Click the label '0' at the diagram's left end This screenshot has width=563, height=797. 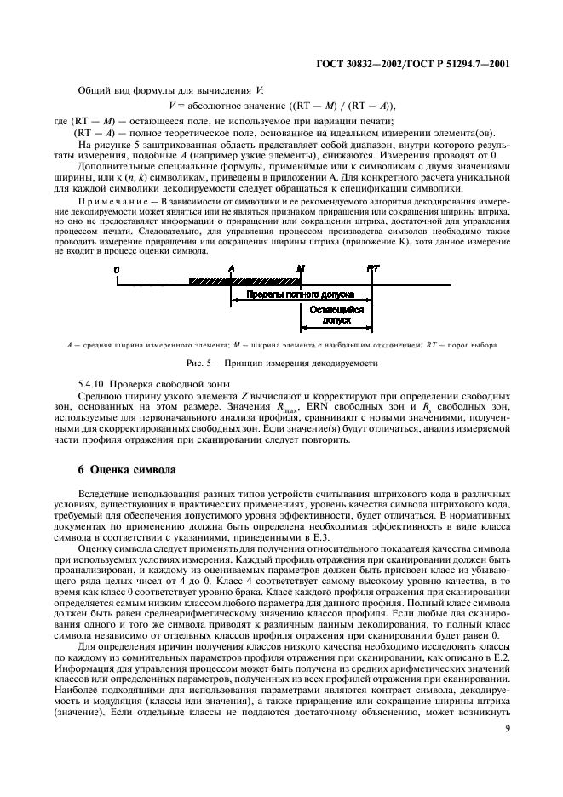tap(118, 268)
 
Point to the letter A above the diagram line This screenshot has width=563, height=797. tap(231, 267)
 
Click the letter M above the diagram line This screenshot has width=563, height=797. tap(300, 267)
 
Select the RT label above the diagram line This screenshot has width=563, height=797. tap(372, 267)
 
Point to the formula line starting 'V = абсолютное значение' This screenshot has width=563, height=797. tap(290, 105)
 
